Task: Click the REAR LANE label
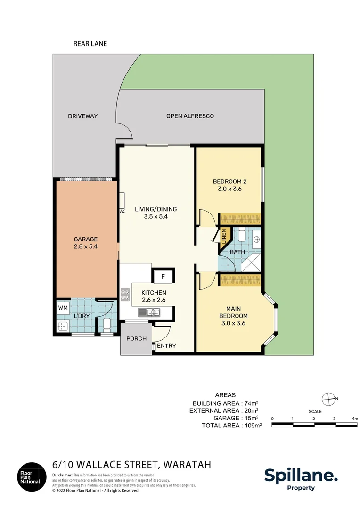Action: (90, 44)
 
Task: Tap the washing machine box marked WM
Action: (63, 307)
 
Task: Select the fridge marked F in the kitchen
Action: (163, 277)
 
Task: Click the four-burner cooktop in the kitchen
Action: (125, 295)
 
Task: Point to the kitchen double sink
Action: (149, 312)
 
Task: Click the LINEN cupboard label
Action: (224, 236)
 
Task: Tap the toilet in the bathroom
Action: (242, 235)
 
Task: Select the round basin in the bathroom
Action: (256, 239)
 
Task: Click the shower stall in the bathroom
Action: (251, 263)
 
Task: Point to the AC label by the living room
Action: (123, 211)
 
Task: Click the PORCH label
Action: (136, 338)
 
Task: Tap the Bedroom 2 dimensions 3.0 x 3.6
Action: (229, 189)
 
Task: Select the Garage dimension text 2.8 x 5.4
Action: (86, 246)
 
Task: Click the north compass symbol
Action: (328, 399)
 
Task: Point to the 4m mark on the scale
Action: (355, 419)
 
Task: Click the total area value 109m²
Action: (253, 426)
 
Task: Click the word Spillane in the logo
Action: (301, 476)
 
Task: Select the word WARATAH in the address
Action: (188, 465)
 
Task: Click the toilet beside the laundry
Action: (107, 324)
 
